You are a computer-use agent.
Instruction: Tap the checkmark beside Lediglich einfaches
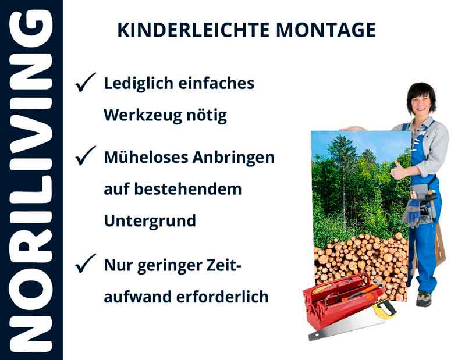(86, 84)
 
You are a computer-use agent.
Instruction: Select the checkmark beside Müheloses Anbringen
(86, 156)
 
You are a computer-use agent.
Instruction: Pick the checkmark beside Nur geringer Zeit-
(86, 265)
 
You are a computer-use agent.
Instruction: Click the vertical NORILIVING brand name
(31, 180)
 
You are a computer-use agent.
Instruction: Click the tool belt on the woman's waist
(420, 207)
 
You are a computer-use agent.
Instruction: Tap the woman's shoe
(424, 299)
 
